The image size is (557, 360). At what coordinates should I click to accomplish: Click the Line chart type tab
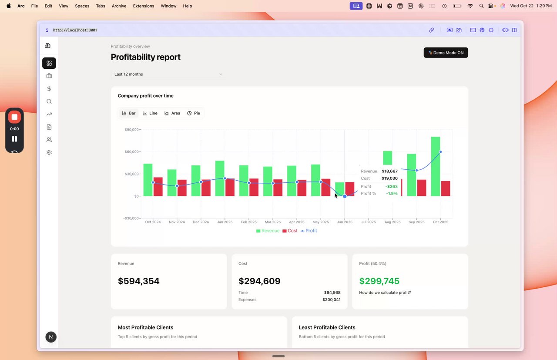[x=150, y=113]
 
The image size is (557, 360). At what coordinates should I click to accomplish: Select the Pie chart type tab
[x=194, y=113]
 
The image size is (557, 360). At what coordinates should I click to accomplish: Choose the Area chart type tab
[x=172, y=113]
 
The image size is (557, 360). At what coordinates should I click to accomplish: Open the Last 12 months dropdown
[x=168, y=74]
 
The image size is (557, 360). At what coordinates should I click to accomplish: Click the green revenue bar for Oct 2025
[x=435, y=166]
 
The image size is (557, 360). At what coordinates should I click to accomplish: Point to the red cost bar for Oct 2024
[x=158, y=187]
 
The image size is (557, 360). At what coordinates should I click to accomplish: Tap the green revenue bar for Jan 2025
[x=220, y=178]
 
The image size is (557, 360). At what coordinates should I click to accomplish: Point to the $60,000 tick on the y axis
[x=131, y=152]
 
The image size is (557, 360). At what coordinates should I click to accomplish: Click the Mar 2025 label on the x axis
[x=273, y=222]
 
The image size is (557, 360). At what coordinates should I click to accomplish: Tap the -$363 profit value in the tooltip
[x=391, y=187]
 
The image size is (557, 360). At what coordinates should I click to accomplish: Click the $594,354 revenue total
[x=138, y=281]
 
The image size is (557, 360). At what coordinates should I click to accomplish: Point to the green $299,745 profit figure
[x=379, y=281]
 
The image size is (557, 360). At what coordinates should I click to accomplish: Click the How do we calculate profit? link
[x=385, y=293]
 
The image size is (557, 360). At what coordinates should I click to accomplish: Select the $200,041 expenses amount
[x=331, y=299]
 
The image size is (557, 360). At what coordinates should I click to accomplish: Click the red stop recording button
[x=14, y=117]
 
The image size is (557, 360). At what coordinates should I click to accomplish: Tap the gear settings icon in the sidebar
[x=49, y=153]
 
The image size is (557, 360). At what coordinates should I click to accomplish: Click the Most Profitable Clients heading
[x=145, y=327]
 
